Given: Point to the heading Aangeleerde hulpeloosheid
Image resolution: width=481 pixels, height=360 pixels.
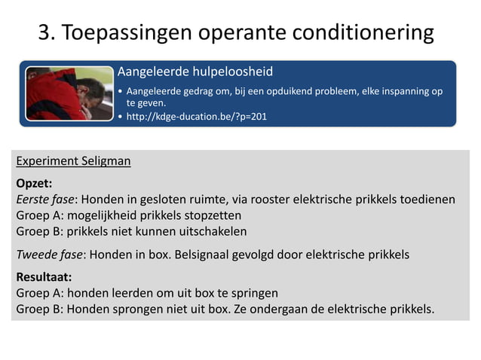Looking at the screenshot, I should pos(195,72).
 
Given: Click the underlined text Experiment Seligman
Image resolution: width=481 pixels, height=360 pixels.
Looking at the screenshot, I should pos(73,161).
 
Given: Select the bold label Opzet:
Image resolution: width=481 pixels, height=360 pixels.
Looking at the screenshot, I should pos(34,183).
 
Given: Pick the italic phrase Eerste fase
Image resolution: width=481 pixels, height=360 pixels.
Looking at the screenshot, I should pos(44,200).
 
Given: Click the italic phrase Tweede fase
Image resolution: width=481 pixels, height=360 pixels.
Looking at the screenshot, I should pos(49,255).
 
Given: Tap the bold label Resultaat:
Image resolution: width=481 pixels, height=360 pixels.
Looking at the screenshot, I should pos(44,276).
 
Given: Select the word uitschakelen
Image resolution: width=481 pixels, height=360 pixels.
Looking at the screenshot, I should pos(207,231).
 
